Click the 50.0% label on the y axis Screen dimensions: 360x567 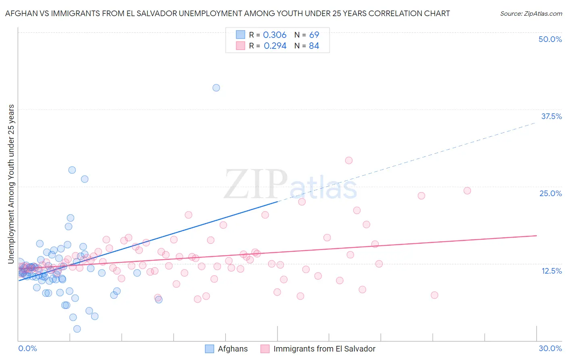(x=550, y=39)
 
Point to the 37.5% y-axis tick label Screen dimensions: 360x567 (x=551, y=116)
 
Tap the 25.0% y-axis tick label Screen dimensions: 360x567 (x=550, y=193)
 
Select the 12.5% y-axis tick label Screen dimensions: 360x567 (x=551, y=271)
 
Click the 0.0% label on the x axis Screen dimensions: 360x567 (x=27, y=348)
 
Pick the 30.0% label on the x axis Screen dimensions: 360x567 (x=550, y=348)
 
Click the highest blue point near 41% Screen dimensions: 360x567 (x=216, y=88)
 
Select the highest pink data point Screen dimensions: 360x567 (x=349, y=160)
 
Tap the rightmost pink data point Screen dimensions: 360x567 (x=467, y=190)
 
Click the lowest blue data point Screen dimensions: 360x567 (x=77, y=329)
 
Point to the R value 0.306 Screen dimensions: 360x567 (x=275, y=35)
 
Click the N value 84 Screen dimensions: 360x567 (x=314, y=46)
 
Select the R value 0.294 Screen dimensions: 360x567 (x=275, y=46)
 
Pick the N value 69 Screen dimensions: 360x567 (x=314, y=35)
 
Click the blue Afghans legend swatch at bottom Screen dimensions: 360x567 (x=209, y=349)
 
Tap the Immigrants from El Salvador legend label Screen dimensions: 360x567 (x=324, y=349)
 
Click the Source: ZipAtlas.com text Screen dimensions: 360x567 (x=531, y=14)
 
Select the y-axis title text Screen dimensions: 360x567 (x=11, y=184)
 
